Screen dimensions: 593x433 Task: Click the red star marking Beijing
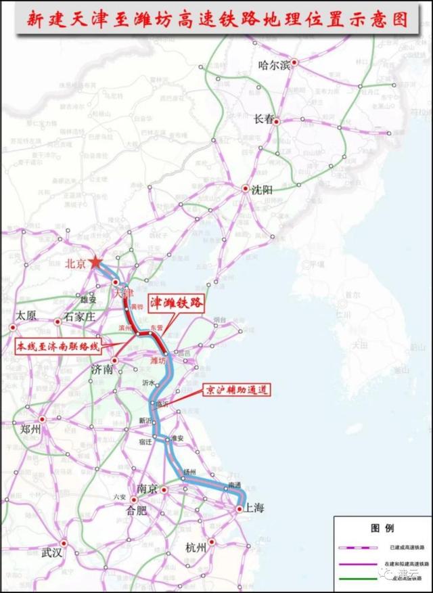click(x=95, y=263)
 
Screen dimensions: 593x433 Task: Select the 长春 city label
click(x=265, y=118)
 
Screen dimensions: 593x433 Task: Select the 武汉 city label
click(x=51, y=553)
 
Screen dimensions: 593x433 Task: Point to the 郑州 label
click(x=30, y=430)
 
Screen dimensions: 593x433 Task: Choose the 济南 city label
click(x=101, y=370)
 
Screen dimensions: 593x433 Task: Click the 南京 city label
click(x=147, y=489)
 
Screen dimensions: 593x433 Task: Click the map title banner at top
click(x=216, y=19)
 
